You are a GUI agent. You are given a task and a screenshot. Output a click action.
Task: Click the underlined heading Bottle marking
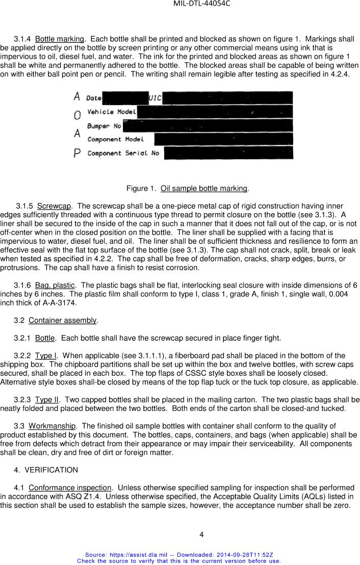(x=59, y=39)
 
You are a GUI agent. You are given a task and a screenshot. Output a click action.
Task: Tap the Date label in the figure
(x=94, y=98)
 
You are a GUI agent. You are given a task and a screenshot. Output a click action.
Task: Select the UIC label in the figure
(x=155, y=98)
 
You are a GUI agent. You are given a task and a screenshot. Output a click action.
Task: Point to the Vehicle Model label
(x=111, y=112)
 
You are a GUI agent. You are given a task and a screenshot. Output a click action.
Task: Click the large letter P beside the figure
(x=78, y=153)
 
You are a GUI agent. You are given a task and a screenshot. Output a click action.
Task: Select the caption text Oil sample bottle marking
(x=203, y=189)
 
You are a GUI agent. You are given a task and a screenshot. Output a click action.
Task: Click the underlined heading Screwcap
(x=54, y=206)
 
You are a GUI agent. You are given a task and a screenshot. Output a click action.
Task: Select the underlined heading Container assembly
(x=62, y=320)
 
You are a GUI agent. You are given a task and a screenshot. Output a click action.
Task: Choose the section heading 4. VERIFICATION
(x=46, y=470)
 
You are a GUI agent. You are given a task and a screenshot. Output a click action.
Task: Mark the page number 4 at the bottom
(x=201, y=534)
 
